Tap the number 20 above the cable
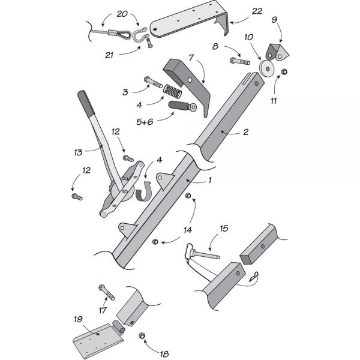122,13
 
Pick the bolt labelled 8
241,62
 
